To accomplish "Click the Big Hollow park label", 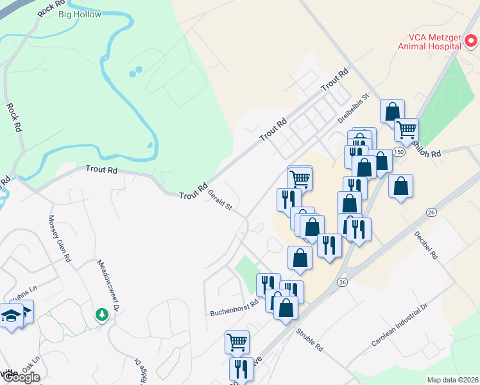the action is pyautogui.click(x=79, y=14).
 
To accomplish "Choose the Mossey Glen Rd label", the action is pyautogui.click(x=58, y=238).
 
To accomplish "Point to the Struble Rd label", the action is pyautogui.click(x=310, y=340).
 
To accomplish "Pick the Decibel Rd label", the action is pyautogui.click(x=425, y=244).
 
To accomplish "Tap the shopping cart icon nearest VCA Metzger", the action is pyautogui.click(x=406, y=130).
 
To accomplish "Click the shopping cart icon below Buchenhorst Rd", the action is pyautogui.click(x=237, y=342).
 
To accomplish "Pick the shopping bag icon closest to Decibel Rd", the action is pyautogui.click(x=400, y=186).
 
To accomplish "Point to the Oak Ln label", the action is pyautogui.click(x=31, y=365).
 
